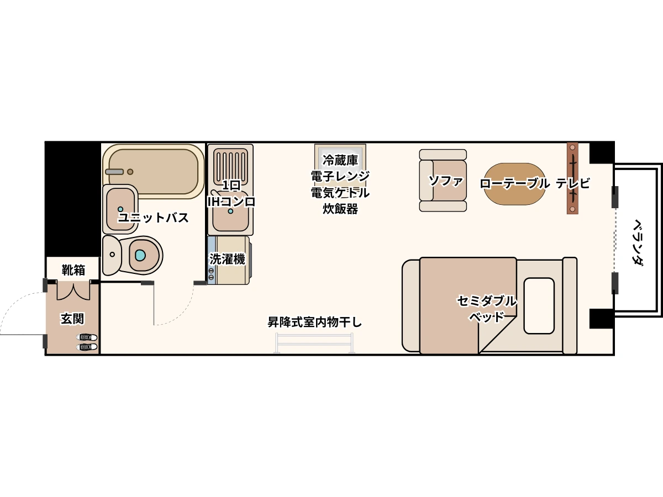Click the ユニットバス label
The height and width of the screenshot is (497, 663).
click(x=153, y=218)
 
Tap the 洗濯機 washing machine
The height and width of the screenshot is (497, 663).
click(x=229, y=260)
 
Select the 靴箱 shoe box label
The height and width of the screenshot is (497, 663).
click(x=73, y=270)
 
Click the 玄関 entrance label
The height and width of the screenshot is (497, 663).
click(x=72, y=319)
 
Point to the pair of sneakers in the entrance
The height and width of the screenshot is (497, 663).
click(x=87, y=342)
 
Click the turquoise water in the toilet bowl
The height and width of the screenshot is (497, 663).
click(x=140, y=255)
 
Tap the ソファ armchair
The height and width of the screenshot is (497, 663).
click(x=443, y=181)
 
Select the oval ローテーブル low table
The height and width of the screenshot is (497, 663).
click(x=514, y=184)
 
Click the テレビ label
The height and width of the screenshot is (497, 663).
click(x=573, y=183)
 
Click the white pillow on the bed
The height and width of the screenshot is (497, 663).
click(x=539, y=306)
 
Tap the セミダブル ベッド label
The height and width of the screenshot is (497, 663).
click(x=487, y=309)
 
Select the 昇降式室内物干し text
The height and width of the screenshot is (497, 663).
click(x=314, y=322)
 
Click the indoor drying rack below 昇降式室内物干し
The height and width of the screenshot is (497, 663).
click(x=314, y=343)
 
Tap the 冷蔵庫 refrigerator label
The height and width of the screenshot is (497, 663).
click(x=340, y=161)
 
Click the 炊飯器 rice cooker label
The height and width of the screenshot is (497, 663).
click(x=340, y=209)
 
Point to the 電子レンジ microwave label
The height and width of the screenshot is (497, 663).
click(x=340, y=177)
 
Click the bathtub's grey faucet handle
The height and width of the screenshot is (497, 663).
click(x=114, y=172)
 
